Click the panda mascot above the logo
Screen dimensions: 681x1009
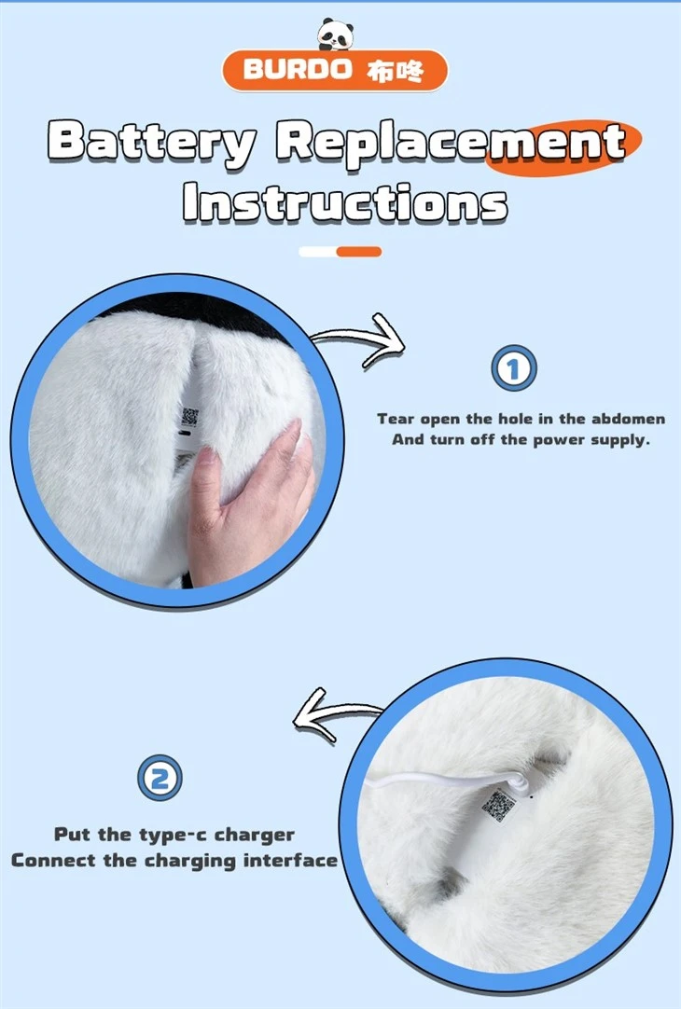point(335,35)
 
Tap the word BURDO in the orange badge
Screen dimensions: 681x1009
point(298,69)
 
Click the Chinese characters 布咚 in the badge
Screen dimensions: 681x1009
point(396,70)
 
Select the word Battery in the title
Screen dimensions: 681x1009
point(152,143)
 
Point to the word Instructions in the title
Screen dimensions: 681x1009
point(345,202)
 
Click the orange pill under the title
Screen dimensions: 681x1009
point(359,252)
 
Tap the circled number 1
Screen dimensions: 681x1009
point(514,368)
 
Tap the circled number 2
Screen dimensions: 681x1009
point(160,778)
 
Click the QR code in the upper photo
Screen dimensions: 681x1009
point(190,417)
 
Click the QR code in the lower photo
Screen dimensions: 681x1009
point(499,806)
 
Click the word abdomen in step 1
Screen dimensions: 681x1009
point(628,419)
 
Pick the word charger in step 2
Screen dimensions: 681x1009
point(255,836)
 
